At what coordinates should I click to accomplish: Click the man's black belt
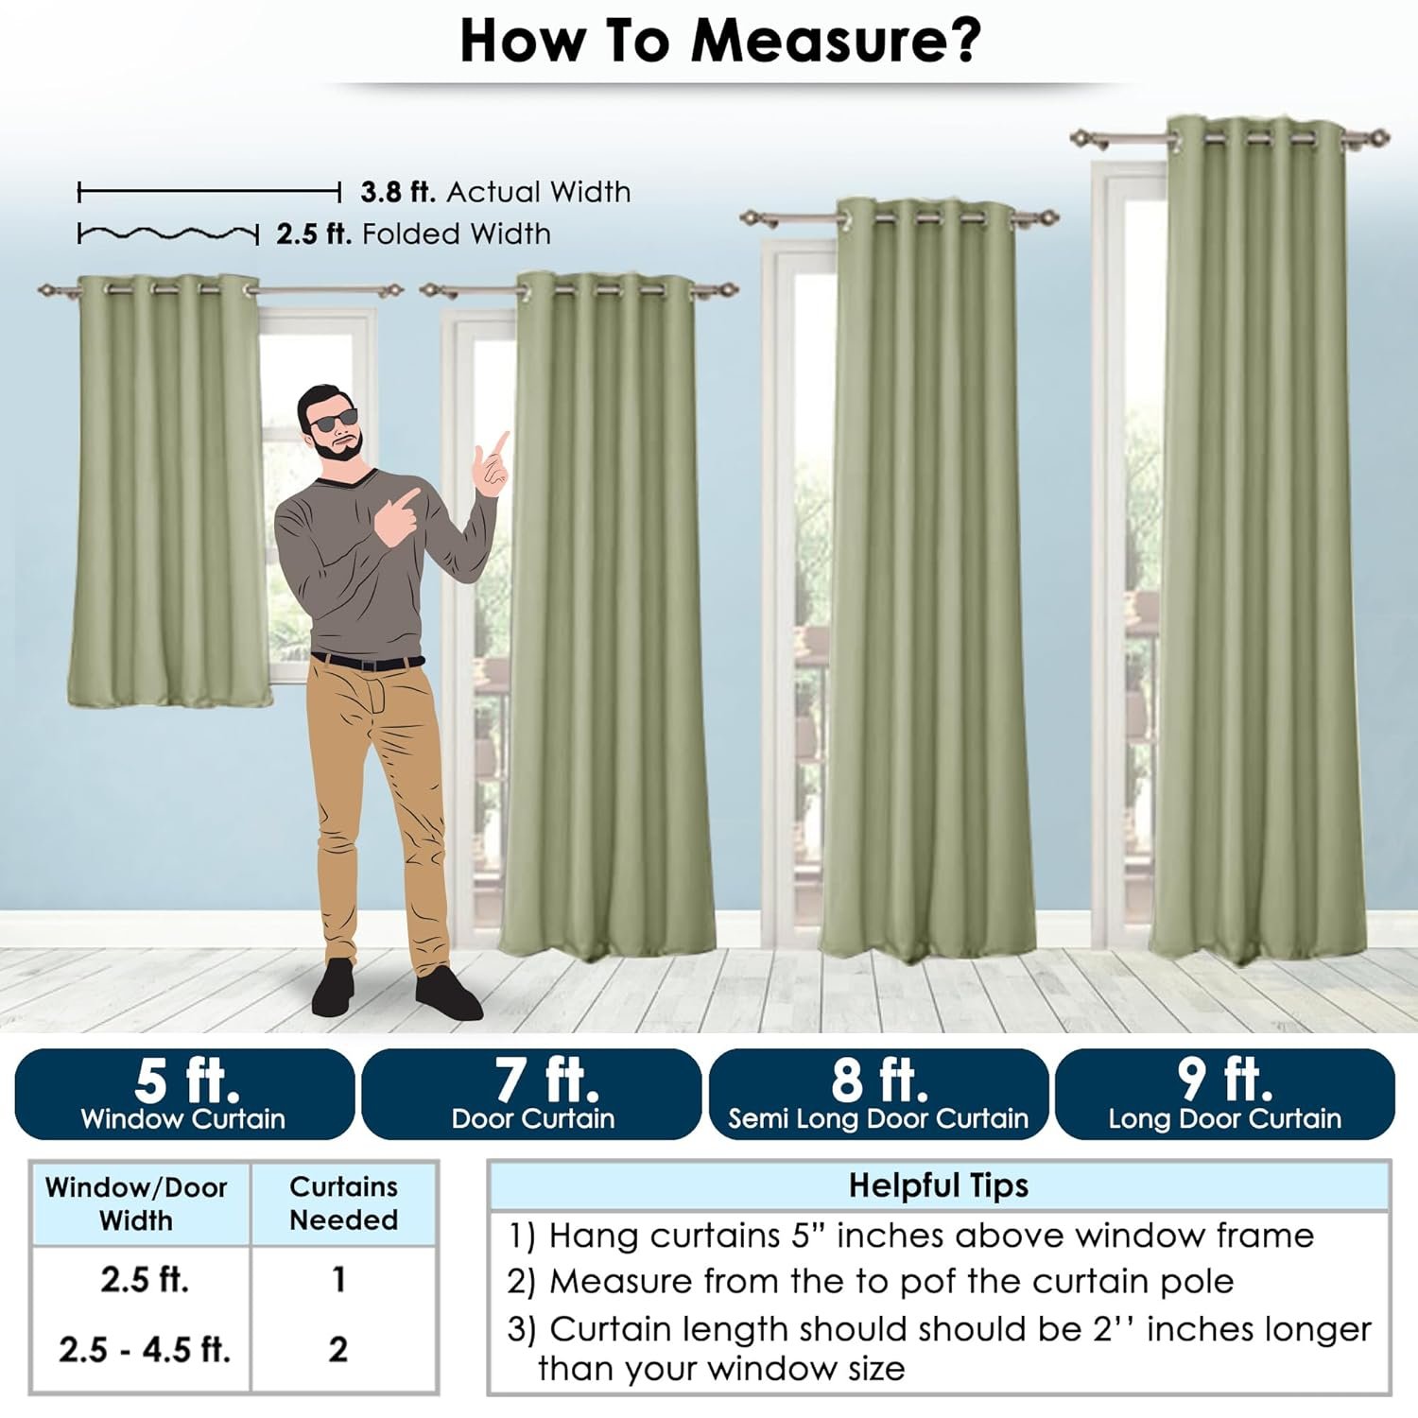click(367, 661)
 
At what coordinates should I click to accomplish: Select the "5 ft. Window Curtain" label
click(184, 1094)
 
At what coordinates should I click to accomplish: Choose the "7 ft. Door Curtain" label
click(532, 1094)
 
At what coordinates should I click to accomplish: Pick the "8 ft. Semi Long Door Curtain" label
click(878, 1094)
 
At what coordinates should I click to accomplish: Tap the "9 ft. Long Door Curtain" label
click(1225, 1094)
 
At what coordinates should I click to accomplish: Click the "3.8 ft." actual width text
click(398, 192)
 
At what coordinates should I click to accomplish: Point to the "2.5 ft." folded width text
click(314, 233)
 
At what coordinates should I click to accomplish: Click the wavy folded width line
click(168, 233)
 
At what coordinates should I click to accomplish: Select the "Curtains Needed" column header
click(343, 1202)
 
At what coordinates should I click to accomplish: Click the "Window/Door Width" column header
click(136, 1202)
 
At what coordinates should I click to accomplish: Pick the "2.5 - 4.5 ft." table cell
click(145, 1349)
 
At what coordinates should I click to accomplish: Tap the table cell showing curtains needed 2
click(338, 1349)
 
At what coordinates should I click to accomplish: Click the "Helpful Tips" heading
click(938, 1185)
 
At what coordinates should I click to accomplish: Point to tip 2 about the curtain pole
click(871, 1281)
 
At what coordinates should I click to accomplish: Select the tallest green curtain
click(1258, 539)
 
